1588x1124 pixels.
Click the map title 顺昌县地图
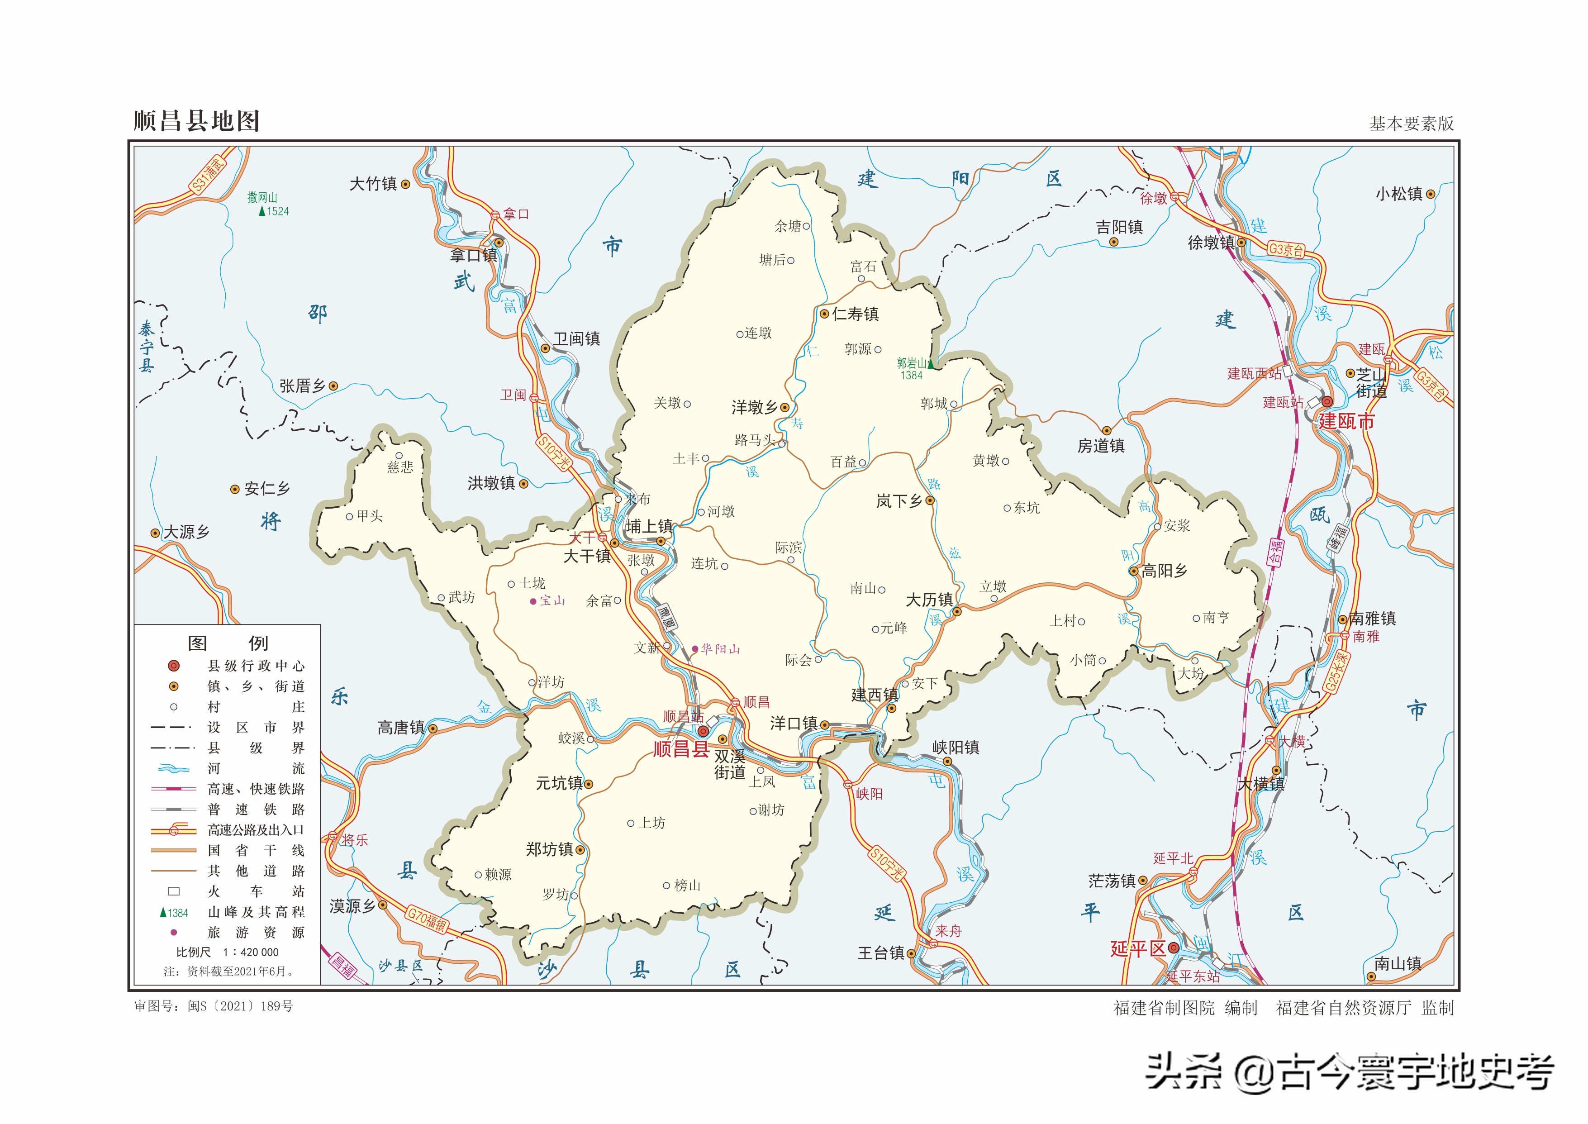(x=196, y=121)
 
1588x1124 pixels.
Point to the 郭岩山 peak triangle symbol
(x=932, y=363)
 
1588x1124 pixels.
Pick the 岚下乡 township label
(x=899, y=501)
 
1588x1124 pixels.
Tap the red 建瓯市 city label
(x=1346, y=422)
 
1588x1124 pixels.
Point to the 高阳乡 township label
(x=1165, y=571)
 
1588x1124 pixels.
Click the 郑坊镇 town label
(x=549, y=849)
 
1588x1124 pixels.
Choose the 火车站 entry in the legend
(x=256, y=891)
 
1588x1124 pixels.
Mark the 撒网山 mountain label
(x=262, y=198)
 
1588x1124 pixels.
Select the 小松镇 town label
(x=1398, y=195)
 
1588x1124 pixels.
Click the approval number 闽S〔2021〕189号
(x=239, y=1006)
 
